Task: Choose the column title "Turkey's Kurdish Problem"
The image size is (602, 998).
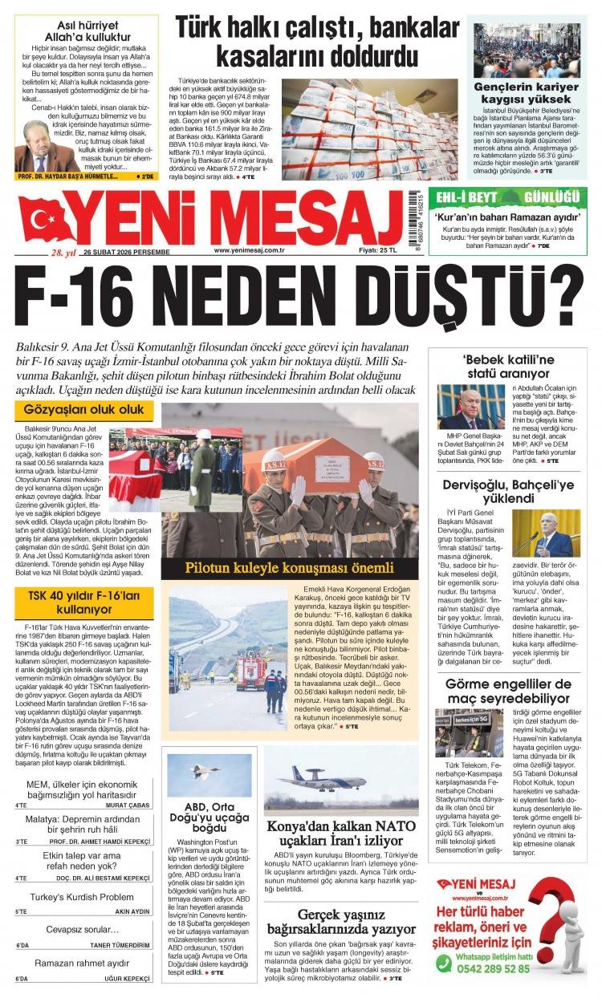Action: pos(83,897)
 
